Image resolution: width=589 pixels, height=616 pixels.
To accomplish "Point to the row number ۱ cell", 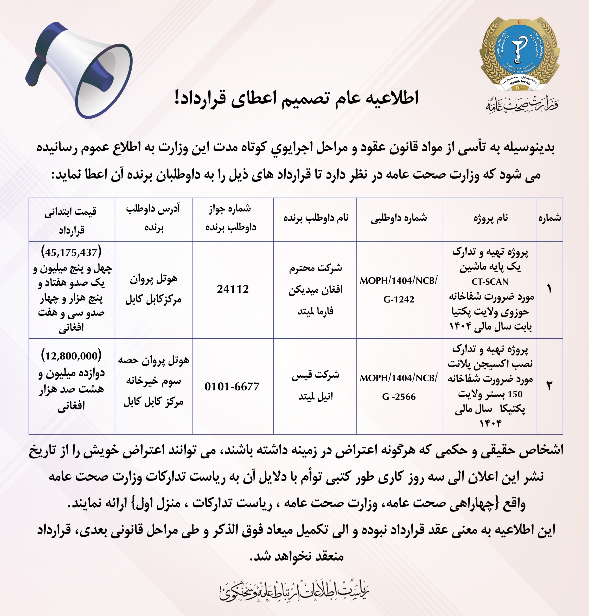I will coord(550,289).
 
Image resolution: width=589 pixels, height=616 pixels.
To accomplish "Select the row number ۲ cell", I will coord(550,386).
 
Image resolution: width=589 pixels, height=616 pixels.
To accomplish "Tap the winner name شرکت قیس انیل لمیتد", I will coord(315,385).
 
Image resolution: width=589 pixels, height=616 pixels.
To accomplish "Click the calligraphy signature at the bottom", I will coord(294,590).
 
